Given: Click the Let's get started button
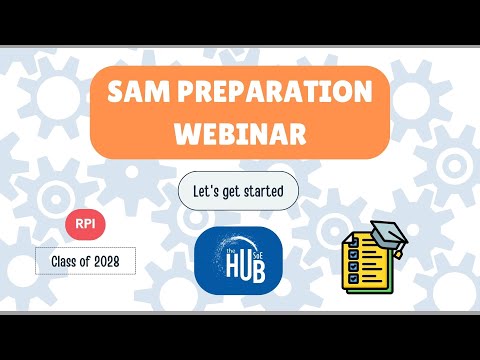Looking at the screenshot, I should point(238,190).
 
